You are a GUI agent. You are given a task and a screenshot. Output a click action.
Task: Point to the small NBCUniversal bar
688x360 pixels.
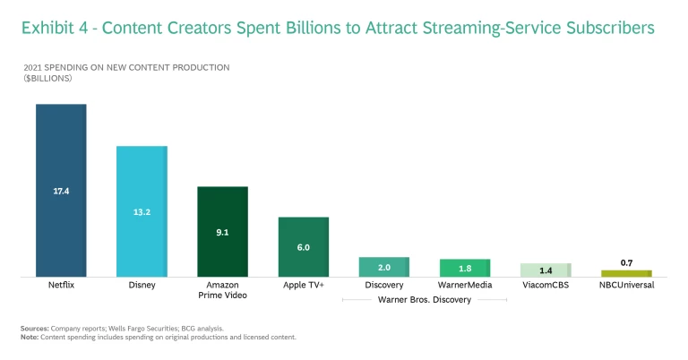(x=626, y=273)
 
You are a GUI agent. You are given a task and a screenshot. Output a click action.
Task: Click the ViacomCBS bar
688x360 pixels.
(x=546, y=270)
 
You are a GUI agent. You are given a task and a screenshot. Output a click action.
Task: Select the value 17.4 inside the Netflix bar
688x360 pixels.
(x=61, y=191)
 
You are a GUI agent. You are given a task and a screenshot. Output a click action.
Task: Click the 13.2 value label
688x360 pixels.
(x=142, y=212)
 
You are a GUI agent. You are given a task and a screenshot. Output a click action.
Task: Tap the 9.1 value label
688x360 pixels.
(x=222, y=232)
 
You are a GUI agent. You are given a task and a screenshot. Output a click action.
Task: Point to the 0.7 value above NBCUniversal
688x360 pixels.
(x=626, y=262)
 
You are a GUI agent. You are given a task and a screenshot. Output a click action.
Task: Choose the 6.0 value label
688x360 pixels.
(x=303, y=247)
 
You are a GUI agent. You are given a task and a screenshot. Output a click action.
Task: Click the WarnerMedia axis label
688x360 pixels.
(x=464, y=286)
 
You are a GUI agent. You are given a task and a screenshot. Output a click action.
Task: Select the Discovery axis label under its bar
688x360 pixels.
(x=383, y=286)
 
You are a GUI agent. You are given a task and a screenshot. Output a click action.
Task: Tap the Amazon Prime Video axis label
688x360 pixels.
(x=222, y=290)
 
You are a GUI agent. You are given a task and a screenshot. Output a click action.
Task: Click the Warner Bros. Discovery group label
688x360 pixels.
(x=424, y=300)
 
